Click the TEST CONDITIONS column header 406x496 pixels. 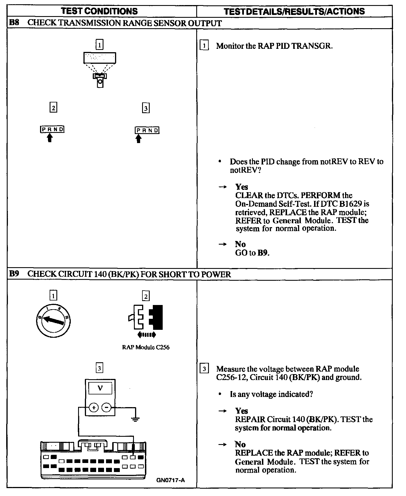100,11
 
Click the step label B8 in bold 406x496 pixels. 14,23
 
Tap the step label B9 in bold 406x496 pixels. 14,274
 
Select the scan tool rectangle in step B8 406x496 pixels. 100,58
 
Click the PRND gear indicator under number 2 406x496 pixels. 52,130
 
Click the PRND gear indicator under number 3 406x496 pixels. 147,130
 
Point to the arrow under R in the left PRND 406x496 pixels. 50,138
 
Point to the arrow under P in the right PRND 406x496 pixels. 138,139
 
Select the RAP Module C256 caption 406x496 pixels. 146,347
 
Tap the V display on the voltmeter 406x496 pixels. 100,389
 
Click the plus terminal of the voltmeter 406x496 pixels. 93,407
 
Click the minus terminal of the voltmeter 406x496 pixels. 106,407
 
